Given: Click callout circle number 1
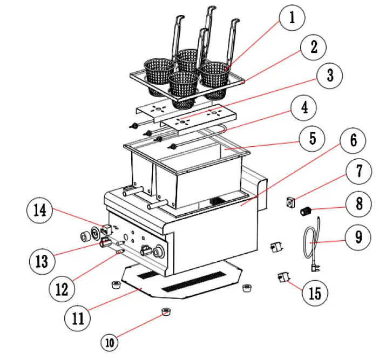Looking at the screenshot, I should tap(292, 19).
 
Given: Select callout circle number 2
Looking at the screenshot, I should tap(313, 48).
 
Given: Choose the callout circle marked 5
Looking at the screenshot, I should tap(312, 139).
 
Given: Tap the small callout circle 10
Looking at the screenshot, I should tap(110, 341).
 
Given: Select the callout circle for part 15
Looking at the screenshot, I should tap(314, 293).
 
